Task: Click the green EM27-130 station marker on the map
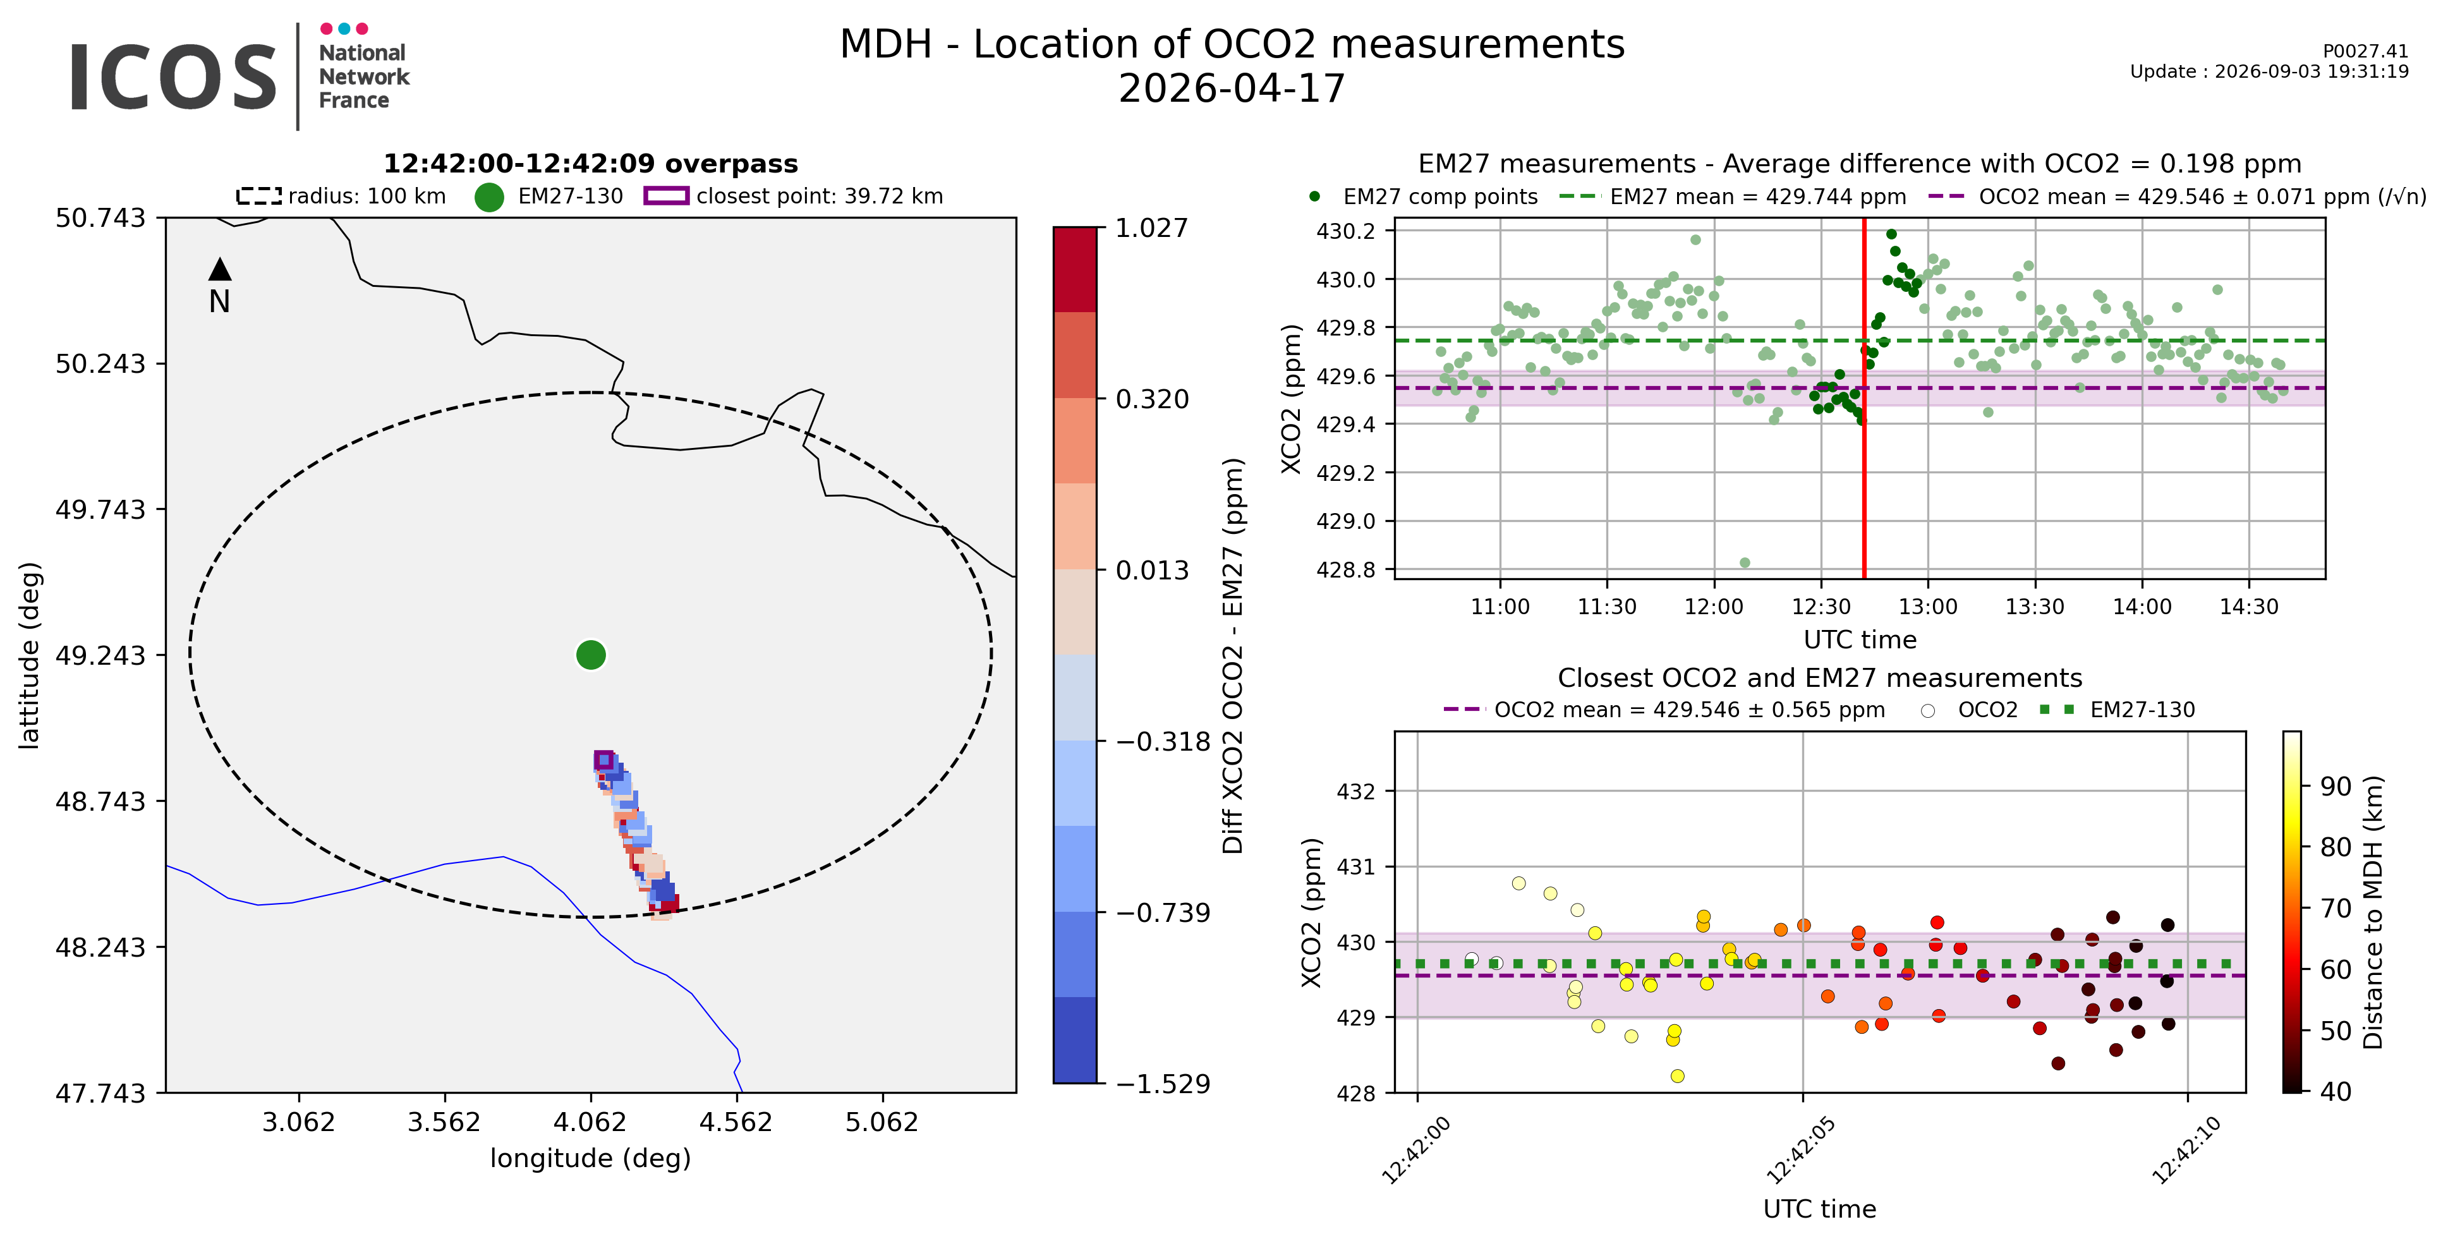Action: click(591, 655)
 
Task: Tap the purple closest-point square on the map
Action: click(603, 760)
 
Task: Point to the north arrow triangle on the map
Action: click(219, 269)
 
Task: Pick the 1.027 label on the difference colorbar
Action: click(1152, 228)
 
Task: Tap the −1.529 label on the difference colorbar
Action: click(1162, 1084)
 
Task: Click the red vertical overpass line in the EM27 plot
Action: click(1865, 398)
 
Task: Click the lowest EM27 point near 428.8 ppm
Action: click(1745, 562)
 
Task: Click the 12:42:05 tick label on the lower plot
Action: click(1799, 1151)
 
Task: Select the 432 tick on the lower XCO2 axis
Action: click(1356, 792)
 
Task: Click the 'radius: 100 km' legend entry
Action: click(341, 197)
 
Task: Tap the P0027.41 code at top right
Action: click(2365, 51)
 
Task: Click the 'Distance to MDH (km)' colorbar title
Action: click(2373, 912)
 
